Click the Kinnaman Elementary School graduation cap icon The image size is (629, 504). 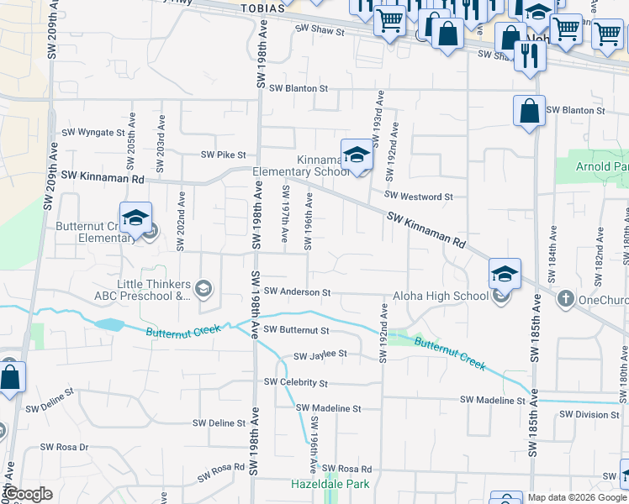[357, 155]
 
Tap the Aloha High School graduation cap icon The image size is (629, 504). [505, 274]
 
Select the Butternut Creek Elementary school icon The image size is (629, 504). [135, 218]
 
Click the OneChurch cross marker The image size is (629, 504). [567, 298]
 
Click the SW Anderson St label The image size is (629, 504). [297, 291]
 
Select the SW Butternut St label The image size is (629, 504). [297, 330]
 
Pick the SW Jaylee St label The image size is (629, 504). [320, 354]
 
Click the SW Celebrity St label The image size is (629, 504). [295, 382]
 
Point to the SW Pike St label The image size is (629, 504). [223, 155]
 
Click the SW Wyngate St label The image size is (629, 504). [93, 133]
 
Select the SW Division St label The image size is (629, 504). [589, 414]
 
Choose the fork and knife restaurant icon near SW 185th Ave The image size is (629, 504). [530, 55]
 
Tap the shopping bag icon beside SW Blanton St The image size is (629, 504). [529, 112]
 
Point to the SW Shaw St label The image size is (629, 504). [320, 31]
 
